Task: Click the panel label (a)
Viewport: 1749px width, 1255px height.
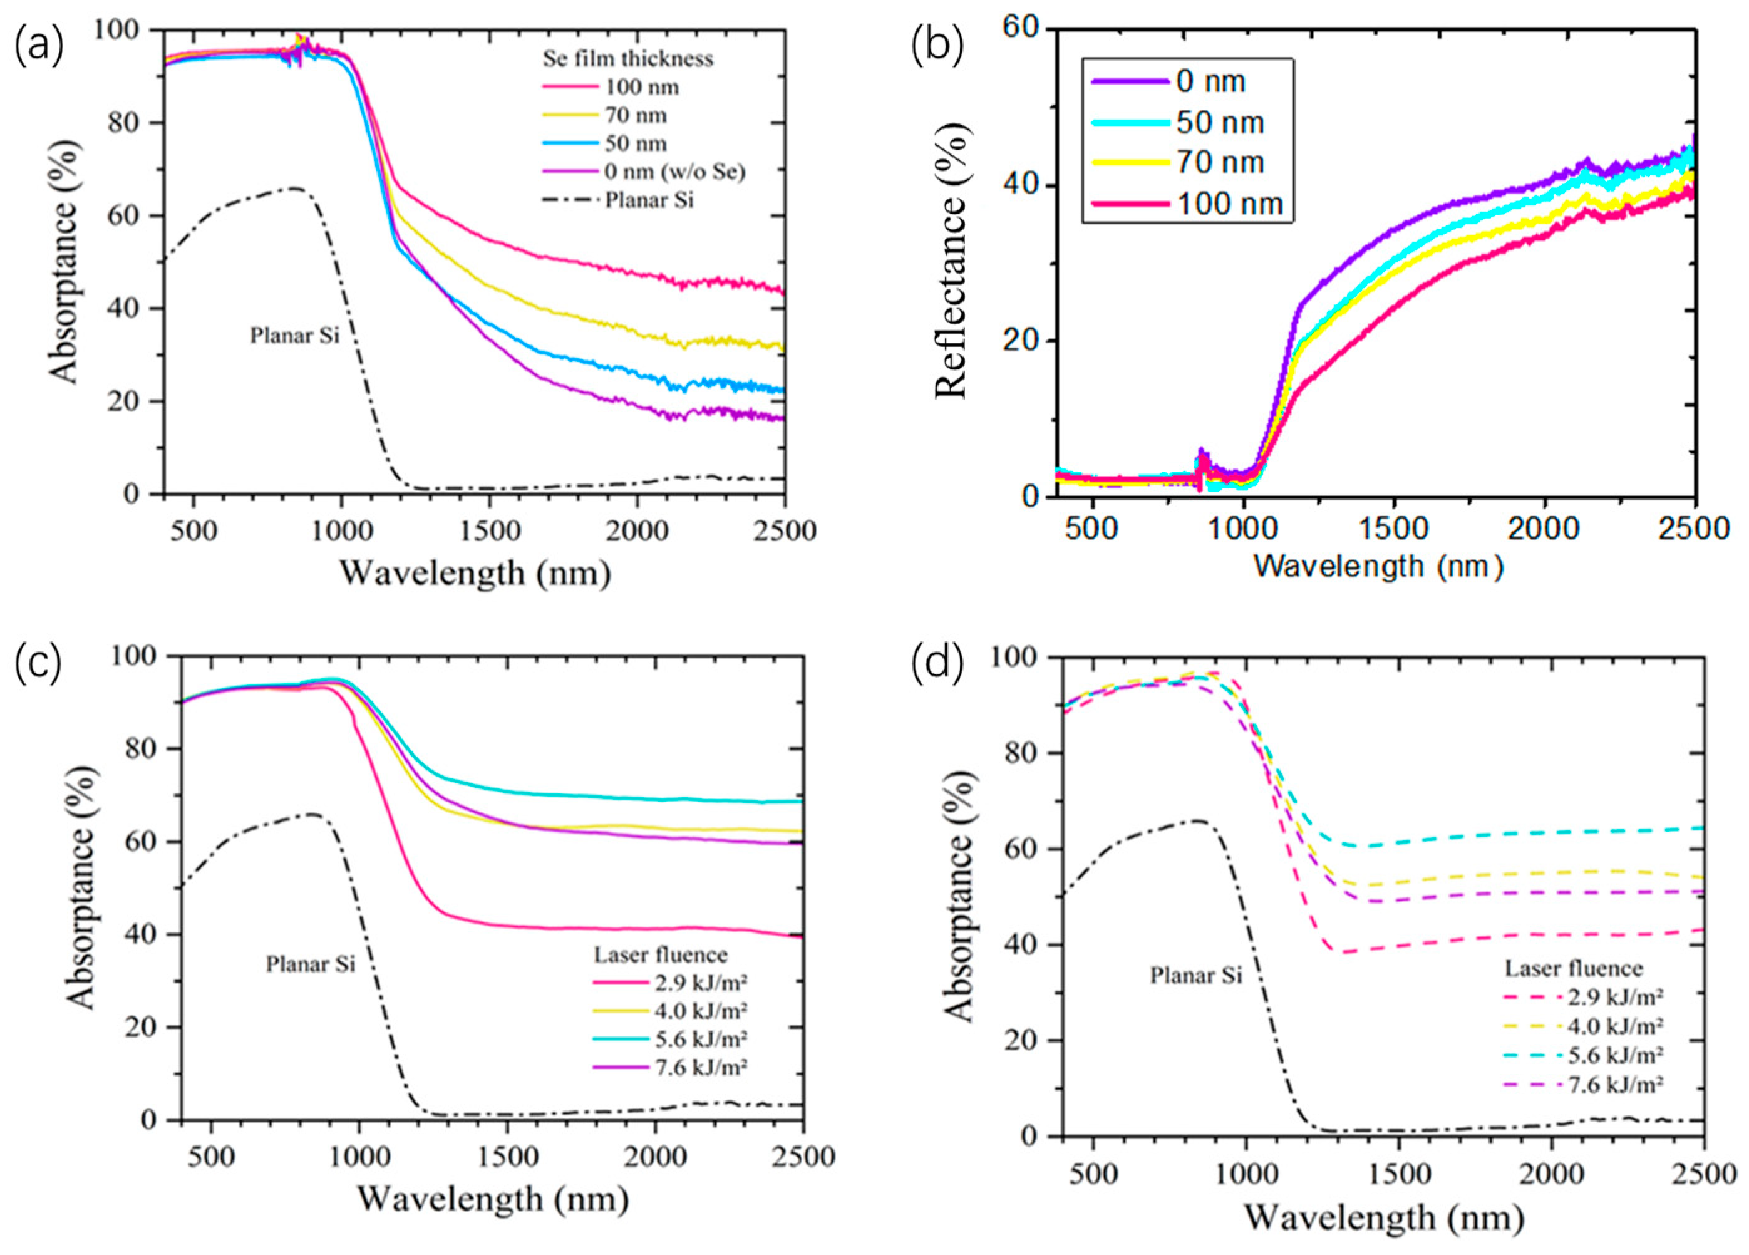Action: [39, 48]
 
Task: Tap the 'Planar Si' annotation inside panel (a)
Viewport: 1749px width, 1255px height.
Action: [294, 336]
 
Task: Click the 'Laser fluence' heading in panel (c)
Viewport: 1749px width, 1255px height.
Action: [660, 955]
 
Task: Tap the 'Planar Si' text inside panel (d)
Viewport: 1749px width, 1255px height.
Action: [1196, 976]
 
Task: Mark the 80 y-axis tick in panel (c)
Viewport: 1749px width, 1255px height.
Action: [146, 749]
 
